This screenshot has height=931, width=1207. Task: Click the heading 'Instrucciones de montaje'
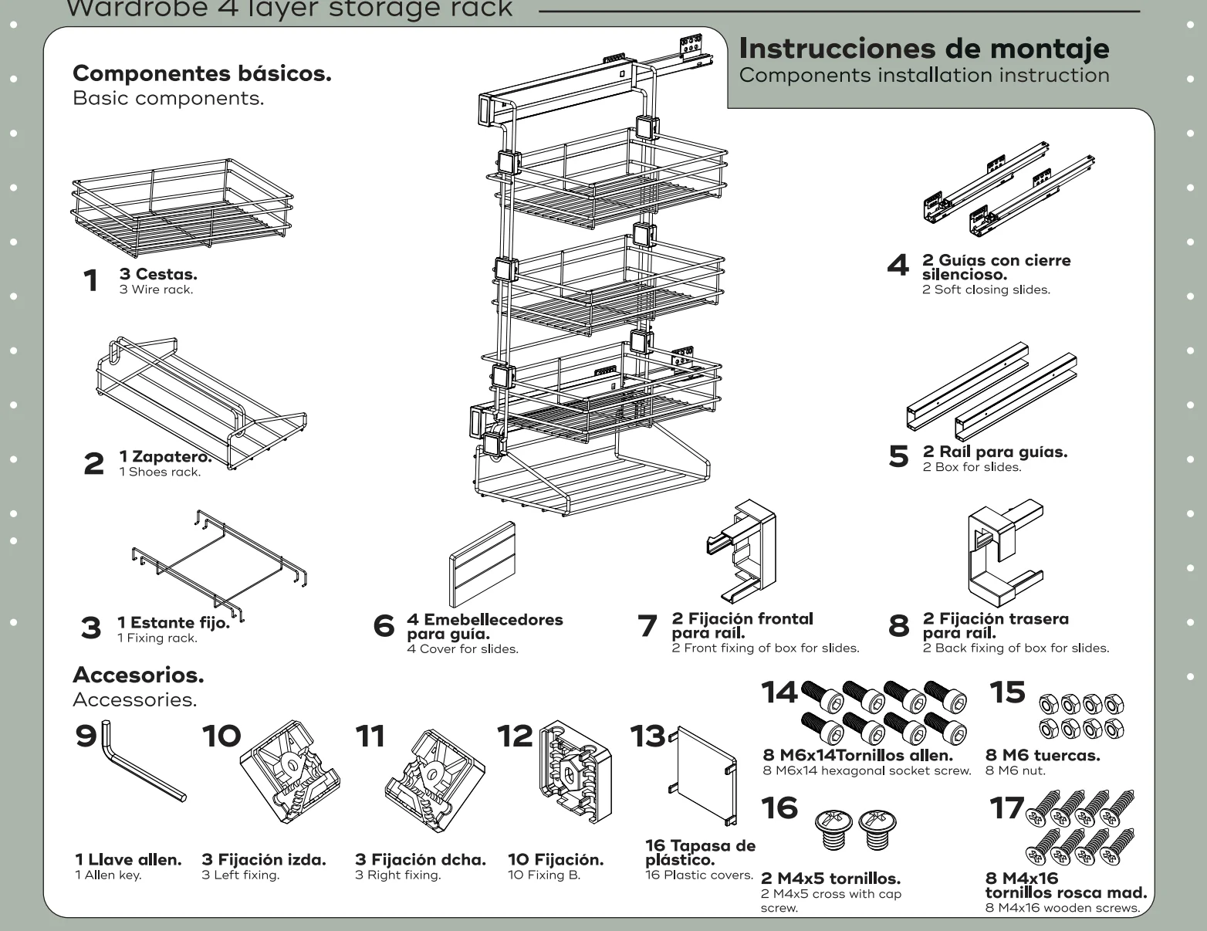[924, 49]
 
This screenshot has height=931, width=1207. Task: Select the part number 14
[779, 692]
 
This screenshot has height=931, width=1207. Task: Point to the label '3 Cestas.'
[158, 274]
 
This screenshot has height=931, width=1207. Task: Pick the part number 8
[899, 625]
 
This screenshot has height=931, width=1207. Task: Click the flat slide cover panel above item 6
[482, 564]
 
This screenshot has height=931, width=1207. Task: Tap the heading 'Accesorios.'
[138, 675]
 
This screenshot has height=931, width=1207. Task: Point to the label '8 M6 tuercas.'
[1043, 755]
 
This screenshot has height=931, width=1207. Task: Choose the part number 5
[899, 456]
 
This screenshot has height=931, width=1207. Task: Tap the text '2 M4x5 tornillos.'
[830, 879]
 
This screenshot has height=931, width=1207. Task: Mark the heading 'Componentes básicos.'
[201, 74]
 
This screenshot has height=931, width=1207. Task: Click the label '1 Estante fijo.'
[174, 623]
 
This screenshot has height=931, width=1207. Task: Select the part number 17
[1006, 808]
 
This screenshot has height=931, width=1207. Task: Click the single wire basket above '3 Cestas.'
[183, 208]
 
